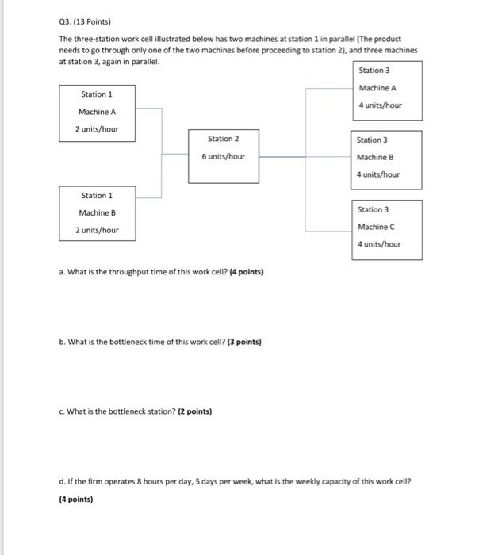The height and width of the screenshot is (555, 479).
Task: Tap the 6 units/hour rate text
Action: tap(224, 156)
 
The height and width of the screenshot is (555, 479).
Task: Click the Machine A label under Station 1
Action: tap(97, 112)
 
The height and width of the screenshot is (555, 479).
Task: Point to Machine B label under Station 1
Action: tap(97, 212)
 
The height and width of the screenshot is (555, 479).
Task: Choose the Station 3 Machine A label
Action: tap(379, 88)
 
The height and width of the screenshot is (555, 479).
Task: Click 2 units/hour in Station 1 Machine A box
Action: tap(97, 129)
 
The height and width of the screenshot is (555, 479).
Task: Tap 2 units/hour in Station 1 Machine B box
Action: tap(97, 230)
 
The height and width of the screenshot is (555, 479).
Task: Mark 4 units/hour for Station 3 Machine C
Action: tap(379, 244)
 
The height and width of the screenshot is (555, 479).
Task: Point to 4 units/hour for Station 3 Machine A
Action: tap(380, 105)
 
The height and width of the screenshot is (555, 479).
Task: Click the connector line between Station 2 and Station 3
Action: tap(282, 156)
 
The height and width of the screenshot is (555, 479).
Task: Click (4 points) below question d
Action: tap(76, 499)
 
